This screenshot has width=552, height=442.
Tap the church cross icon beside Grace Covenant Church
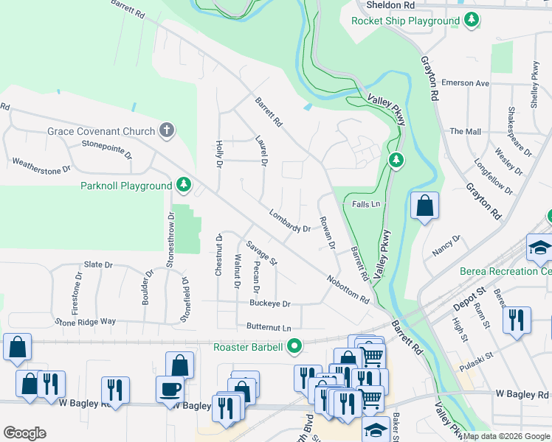pos(168,132)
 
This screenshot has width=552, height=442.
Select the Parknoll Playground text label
pos(125,186)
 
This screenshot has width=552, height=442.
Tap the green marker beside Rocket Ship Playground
pos(470,21)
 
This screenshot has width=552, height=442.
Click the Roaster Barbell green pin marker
pos(296,345)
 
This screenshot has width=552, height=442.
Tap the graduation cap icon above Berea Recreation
pos(540,248)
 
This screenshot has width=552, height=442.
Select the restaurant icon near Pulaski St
pos(515,320)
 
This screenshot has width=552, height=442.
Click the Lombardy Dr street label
pos(290,223)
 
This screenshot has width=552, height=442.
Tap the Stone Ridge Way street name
pos(85,322)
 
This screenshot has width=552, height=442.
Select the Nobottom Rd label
pos(349,288)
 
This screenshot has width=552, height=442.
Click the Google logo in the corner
pos(24,432)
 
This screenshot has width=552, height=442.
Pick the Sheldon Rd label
pos(390,5)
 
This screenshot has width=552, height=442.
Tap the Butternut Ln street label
pos(264,326)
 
